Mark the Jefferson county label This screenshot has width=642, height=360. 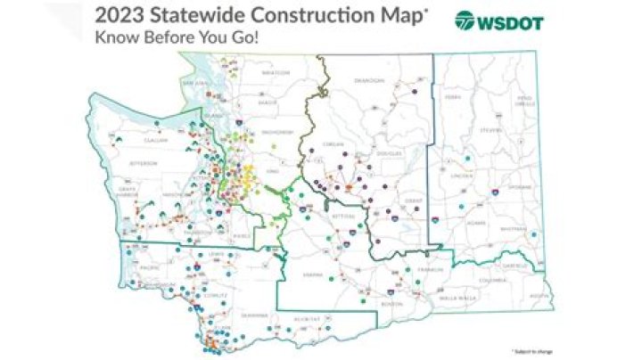pyautogui.click(x=143, y=163)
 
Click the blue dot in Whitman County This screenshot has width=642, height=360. pyautogui.click(x=532, y=233)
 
